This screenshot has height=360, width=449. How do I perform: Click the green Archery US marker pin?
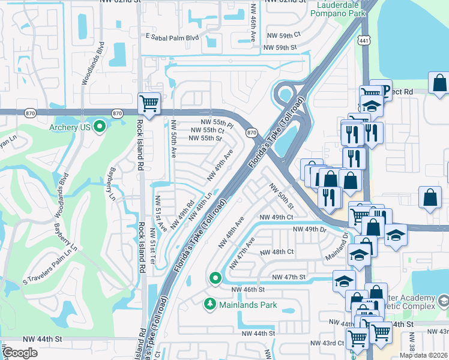click(100, 126)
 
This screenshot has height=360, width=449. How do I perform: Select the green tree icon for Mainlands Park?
click(210, 305)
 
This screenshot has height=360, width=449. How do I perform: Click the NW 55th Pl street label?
click(209, 121)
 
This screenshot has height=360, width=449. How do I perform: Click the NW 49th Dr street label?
click(309, 229)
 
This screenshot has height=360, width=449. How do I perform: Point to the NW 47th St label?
click(289, 277)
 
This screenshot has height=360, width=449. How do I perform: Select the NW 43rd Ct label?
click(327, 343)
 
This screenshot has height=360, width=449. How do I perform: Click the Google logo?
click(20, 353)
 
